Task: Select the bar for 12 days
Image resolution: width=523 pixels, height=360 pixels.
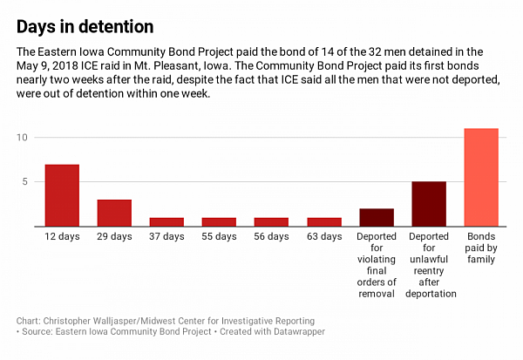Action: (62, 195)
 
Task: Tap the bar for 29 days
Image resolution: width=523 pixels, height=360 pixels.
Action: (114, 213)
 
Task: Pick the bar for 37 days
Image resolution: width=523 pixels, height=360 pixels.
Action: (166, 221)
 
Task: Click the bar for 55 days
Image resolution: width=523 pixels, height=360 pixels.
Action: (219, 221)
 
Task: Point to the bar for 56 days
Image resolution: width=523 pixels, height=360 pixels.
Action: (271, 221)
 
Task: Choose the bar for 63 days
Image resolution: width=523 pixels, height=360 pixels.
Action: (323, 221)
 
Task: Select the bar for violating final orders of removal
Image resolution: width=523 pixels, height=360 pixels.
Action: (377, 217)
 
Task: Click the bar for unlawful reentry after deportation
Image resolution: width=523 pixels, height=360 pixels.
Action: (429, 204)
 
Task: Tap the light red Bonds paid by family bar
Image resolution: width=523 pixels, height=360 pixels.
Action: (481, 177)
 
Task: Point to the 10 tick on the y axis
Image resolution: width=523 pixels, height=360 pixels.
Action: (24, 138)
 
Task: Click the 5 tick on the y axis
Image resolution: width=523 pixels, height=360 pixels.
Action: (27, 182)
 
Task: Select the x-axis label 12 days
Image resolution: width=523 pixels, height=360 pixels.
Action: (62, 237)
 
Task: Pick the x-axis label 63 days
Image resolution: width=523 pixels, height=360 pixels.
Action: (323, 237)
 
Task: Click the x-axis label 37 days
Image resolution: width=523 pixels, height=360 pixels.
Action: (166, 237)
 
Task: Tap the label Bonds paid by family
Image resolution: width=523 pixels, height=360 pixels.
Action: (481, 248)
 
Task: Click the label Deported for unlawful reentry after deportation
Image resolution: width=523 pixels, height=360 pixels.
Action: (429, 265)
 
